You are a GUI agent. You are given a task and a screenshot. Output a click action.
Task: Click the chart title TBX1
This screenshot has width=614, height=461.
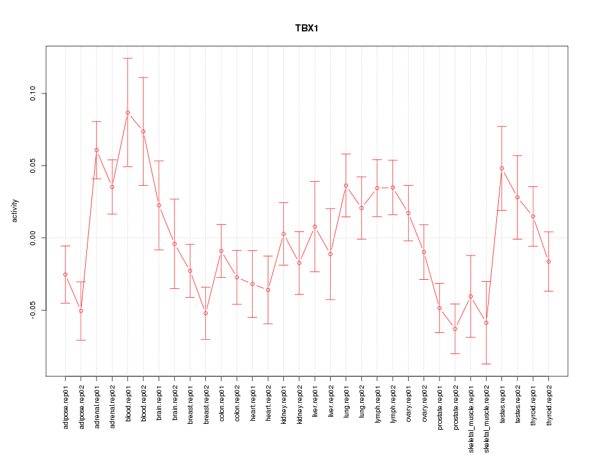pos(307,29)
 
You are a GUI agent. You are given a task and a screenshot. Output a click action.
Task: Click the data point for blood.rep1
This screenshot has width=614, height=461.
pos(127,113)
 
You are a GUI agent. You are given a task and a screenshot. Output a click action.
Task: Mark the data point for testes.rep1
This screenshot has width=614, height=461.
pos(502,168)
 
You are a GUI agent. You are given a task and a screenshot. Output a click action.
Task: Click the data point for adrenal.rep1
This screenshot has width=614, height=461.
pos(97,150)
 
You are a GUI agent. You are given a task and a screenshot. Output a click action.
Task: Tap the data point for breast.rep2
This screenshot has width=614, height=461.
pos(206,313)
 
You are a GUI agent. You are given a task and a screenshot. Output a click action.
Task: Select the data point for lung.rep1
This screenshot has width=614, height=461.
pos(346,186)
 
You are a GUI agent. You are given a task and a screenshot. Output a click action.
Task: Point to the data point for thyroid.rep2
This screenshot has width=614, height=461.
pos(549,261)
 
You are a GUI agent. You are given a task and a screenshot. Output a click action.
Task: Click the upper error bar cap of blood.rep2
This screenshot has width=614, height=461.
pos(143,77)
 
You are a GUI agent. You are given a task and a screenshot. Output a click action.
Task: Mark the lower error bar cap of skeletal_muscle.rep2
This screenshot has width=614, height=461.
pos(487,364)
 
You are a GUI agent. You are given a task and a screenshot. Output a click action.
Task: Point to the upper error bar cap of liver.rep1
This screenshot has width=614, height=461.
pos(315,181)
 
